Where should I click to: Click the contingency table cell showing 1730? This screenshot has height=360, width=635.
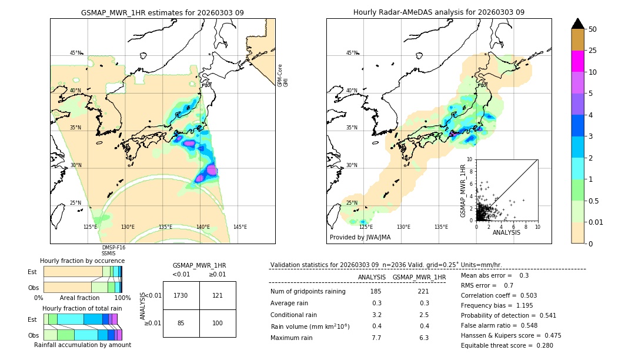[181, 295]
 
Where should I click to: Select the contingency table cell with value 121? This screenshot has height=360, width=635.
[218, 295]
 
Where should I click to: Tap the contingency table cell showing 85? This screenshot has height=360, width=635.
[181, 323]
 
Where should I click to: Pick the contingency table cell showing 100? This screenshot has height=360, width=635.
[218, 323]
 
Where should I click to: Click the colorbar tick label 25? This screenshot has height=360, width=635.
[593, 51]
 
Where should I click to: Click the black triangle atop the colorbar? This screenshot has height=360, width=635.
[577, 24]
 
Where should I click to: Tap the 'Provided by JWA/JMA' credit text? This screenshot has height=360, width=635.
[360, 237]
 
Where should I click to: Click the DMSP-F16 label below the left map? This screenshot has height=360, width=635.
[113, 248]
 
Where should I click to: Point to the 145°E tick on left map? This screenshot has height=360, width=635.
[240, 226]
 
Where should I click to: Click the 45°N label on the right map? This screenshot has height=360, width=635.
[352, 53]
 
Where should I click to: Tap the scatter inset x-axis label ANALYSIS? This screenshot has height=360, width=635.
[506, 232]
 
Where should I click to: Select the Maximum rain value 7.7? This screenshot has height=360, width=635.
[376, 338]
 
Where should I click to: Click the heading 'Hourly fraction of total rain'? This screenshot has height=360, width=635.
[82, 308]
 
